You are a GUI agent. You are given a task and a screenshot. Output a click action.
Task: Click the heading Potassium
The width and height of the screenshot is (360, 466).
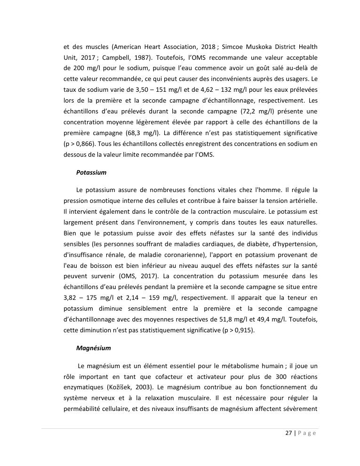coord(91,172)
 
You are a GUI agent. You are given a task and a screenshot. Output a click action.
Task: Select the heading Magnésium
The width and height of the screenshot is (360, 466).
coord(93,348)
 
